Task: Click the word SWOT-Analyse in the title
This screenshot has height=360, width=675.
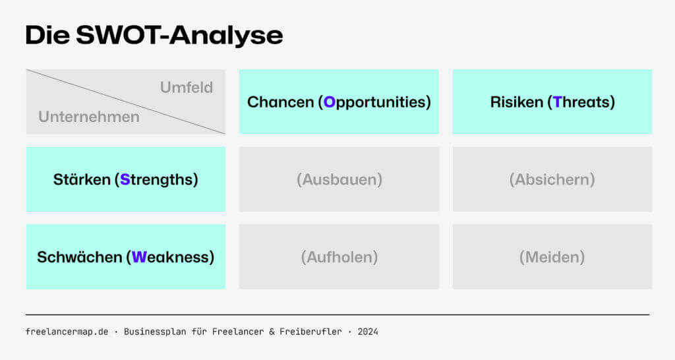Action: coord(179,36)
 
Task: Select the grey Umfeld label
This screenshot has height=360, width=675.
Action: coord(187,87)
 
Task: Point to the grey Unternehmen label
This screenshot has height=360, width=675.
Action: coord(89,117)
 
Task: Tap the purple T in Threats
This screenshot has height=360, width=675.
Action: coord(558,102)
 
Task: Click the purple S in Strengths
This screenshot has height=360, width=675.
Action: coord(125,179)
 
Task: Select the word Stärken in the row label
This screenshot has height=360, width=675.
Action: coord(82,179)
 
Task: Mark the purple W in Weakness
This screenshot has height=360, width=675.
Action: coord(138,257)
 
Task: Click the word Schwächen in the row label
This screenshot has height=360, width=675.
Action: coord(79,257)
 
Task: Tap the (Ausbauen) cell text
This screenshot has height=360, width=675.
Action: coord(339,179)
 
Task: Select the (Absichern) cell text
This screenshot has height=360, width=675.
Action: coord(552,179)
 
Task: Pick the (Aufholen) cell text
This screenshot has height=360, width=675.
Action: coord(339,257)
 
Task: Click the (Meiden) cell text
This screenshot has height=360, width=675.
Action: coord(552,257)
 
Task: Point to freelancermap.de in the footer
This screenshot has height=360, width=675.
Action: coord(67,332)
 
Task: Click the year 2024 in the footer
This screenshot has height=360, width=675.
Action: coord(368,332)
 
